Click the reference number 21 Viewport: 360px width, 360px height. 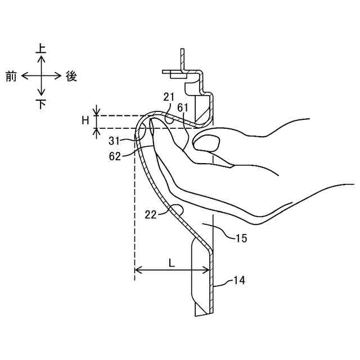[169, 98]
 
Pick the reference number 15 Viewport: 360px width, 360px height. [241, 238]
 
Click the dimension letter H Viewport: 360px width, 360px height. [85, 120]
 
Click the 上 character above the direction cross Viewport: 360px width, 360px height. [41, 49]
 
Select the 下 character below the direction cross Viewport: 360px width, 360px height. [41, 104]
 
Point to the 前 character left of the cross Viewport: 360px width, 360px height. [11, 76]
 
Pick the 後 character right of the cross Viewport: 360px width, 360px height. [71, 76]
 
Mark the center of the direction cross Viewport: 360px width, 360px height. [41, 76]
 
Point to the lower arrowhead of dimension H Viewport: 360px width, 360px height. [97, 131]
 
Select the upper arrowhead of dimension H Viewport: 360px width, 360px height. [97, 112]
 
